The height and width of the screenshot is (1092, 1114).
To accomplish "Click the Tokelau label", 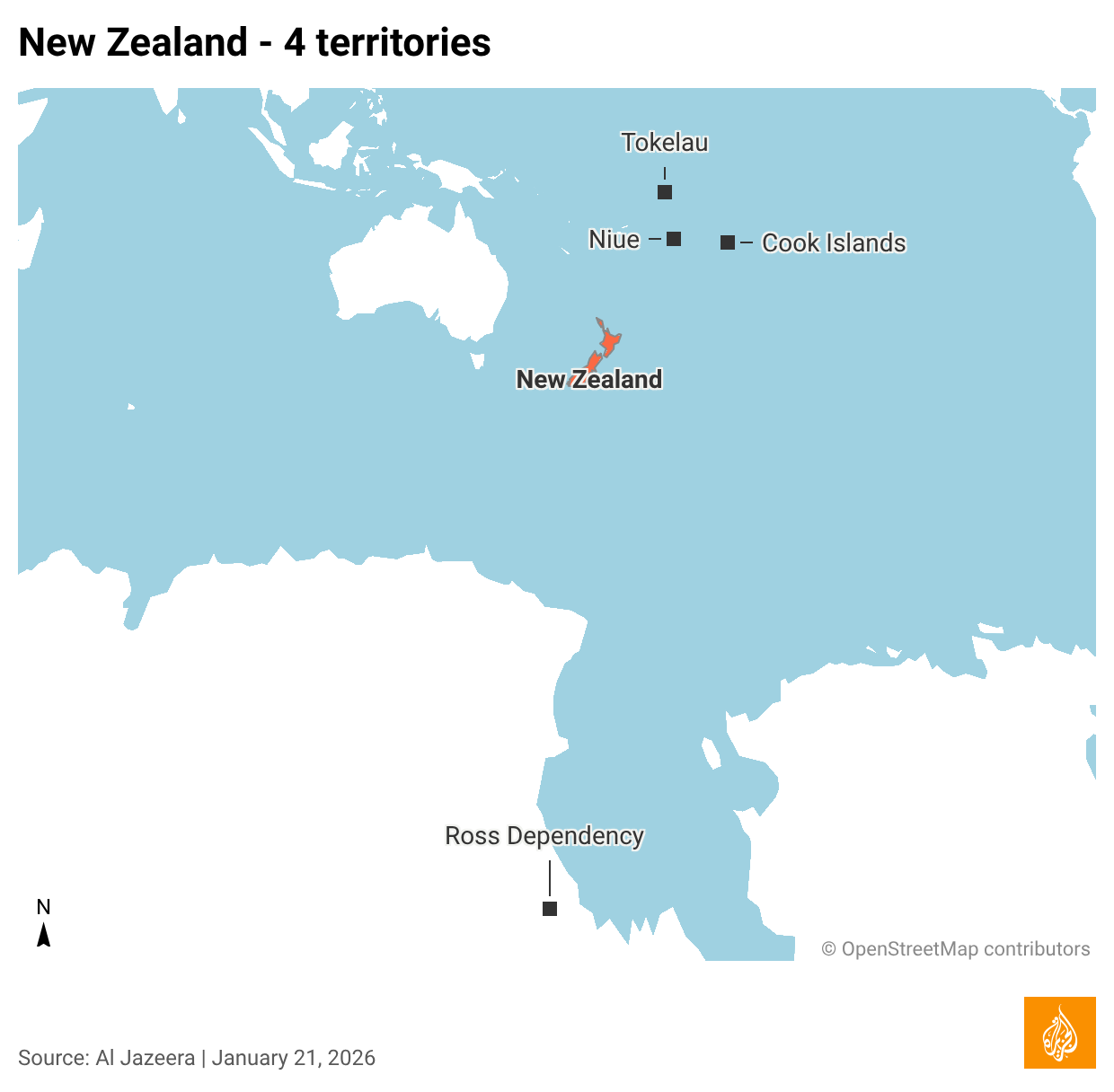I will [x=665, y=143].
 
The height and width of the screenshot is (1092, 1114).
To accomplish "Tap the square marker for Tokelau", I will [x=665, y=192].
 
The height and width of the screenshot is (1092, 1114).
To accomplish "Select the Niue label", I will [x=614, y=240].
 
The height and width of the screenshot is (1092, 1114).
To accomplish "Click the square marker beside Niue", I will [x=674, y=239].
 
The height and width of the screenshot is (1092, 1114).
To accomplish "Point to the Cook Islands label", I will [x=834, y=243].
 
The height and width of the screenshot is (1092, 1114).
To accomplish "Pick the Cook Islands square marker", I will [x=728, y=242].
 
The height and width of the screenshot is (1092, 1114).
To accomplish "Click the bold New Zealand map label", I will [x=589, y=380].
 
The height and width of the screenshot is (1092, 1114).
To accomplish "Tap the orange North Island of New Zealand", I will [x=610, y=342].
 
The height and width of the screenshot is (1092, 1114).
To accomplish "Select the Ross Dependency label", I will [x=544, y=836].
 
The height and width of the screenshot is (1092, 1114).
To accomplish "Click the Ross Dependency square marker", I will [x=550, y=909].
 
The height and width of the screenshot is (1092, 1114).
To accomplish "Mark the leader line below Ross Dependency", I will [x=550, y=877].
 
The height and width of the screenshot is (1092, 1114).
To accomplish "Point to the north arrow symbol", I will [x=43, y=936].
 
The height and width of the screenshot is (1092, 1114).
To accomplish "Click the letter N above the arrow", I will [x=43, y=907].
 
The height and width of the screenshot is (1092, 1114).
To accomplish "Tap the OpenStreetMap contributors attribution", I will [x=956, y=949].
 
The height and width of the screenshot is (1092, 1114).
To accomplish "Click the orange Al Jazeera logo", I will [x=1060, y=1033].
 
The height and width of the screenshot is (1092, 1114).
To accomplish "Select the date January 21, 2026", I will [x=294, y=1058].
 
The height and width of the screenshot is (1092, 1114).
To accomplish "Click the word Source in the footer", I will [x=52, y=1058].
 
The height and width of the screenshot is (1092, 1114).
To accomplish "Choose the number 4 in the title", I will [x=294, y=43].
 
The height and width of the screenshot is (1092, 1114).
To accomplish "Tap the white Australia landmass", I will [x=418, y=269].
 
